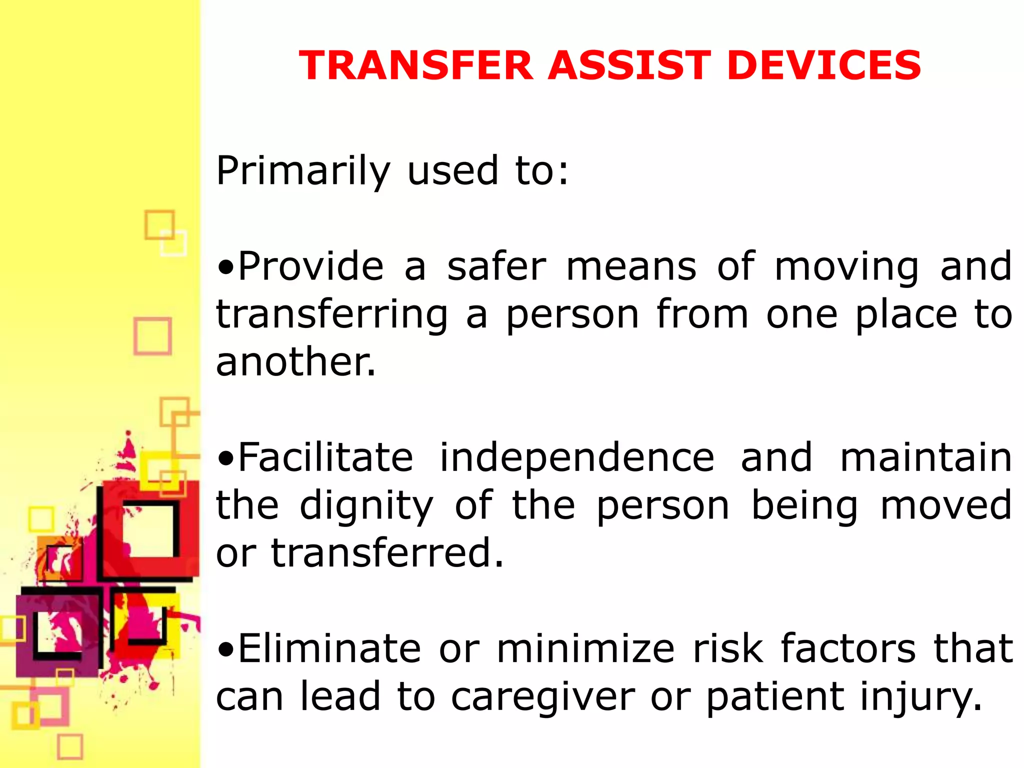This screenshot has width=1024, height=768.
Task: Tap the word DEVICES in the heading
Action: (x=823, y=65)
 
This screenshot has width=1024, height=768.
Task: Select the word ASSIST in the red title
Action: (x=629, y=65)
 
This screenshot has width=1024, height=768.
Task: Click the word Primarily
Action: (x=303, y=171)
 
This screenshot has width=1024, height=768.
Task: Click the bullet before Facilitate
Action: (x=226, y=458)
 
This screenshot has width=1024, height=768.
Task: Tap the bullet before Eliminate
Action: (x=226, y=649)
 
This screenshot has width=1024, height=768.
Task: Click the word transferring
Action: (x=332, y=315)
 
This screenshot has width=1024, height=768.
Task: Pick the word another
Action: (x=295, y=362)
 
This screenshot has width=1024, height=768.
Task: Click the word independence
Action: (x=577, y=458)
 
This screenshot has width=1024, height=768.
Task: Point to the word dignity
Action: (x=366, y=506)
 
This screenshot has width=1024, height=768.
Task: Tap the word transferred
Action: (x=387, y=553)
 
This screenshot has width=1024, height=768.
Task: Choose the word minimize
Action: (x=585, y=649)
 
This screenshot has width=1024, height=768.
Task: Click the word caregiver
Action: (x=542, y=697)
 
